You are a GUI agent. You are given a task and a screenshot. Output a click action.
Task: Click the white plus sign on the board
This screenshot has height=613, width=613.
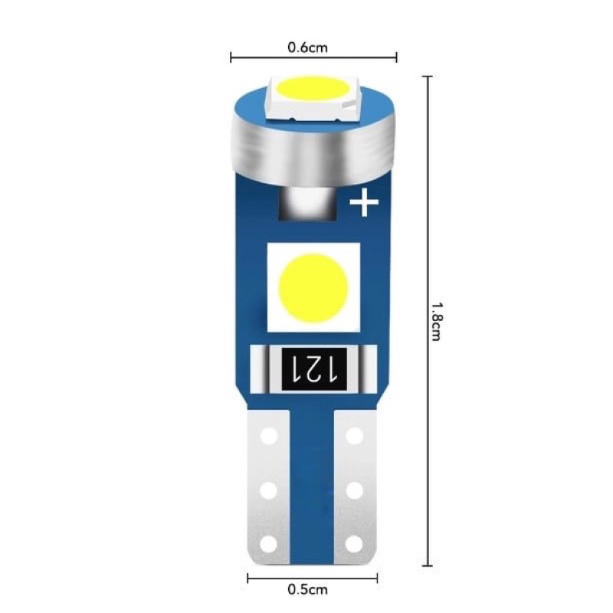(364, 203)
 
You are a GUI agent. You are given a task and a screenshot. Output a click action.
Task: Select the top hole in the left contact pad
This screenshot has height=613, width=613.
(267, 436)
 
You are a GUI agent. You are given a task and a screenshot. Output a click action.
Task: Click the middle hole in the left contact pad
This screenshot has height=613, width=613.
(267, 488)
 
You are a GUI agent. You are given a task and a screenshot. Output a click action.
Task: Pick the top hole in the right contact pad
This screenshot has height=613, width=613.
(354, 436)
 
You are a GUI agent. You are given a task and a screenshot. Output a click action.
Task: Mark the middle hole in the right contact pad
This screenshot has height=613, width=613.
(354, 488)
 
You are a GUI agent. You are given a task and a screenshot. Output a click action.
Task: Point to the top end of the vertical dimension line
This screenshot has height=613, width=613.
(428, 76)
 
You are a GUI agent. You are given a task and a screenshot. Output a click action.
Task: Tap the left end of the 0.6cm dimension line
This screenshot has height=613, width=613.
(231, 57)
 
